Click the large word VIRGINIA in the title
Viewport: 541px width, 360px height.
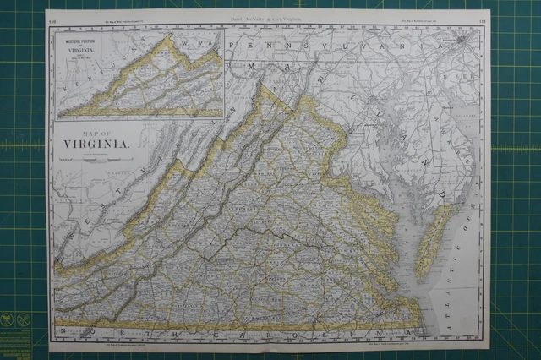(x=96, y=143)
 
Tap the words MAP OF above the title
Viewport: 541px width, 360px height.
(x=95, y=131)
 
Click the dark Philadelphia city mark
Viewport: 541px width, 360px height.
(x=460, y=40)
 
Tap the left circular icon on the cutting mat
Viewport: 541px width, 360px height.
(x=8, y=319)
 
